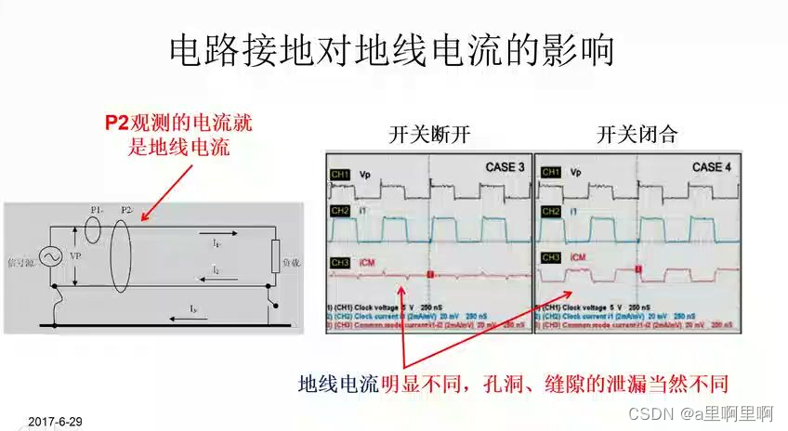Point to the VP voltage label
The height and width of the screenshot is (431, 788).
76,255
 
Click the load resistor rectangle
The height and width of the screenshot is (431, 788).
275,257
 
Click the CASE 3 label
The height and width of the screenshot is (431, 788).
505,167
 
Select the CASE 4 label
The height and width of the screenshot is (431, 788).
713,167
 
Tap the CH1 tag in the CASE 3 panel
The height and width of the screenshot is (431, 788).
340,173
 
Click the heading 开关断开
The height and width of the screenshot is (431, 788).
429,135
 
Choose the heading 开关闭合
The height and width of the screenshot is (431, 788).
637,135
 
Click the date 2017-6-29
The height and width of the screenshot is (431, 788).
55,422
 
